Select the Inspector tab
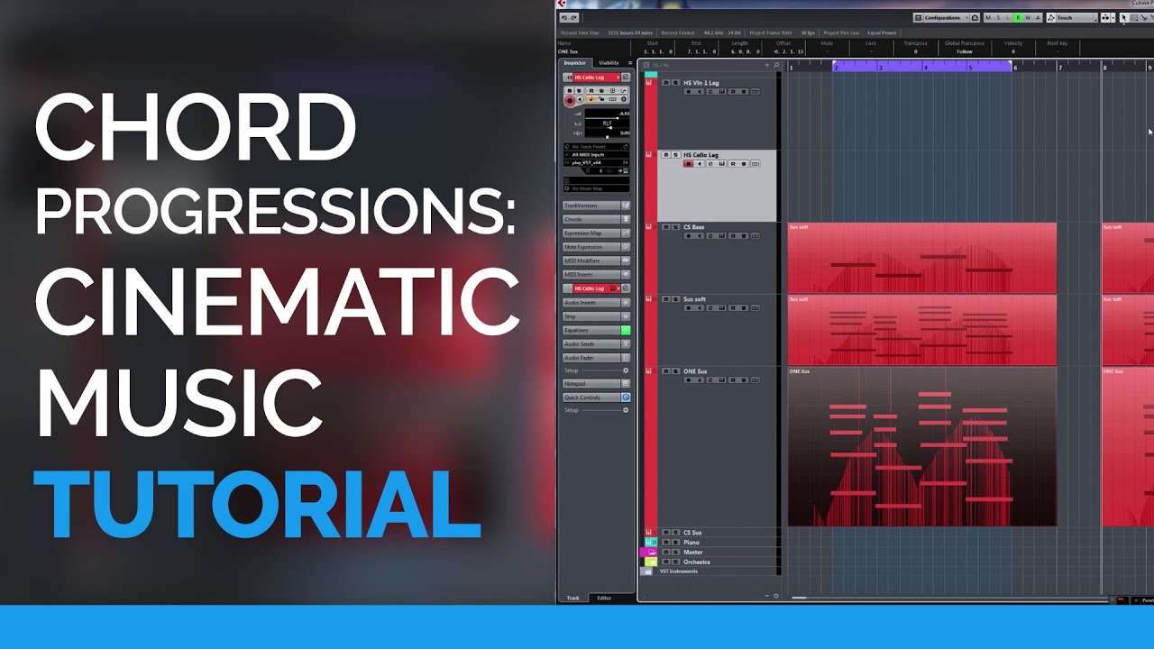pos(574,63)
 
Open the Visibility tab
pos(609,63)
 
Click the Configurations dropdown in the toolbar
pos(942,18)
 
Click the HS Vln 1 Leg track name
pos(701,83)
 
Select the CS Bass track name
pos(694,227)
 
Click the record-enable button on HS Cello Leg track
pos(689,164)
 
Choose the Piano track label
pos(691,543)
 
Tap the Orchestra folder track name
pos(697,562)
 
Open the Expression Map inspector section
pos(583,233)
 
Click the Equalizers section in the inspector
pos(577,331)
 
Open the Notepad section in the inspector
pos(575,384)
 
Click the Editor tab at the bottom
pos(604,599)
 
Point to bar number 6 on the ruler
pos(1015,68)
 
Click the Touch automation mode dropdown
pos(1073,18)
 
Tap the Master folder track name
pos(693,553)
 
